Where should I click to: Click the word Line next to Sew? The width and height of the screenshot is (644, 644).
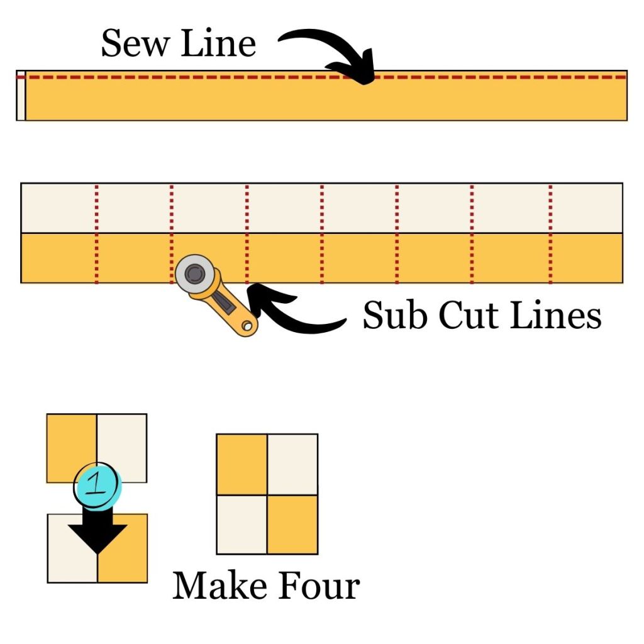click(218, 45)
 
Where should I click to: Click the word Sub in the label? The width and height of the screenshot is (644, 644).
click(392, 315)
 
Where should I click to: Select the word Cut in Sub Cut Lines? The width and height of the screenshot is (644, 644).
click(464, 315)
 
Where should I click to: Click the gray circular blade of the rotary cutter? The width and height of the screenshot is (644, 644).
click(194, 273)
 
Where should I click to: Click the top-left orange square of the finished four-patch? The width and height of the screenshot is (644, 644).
click(241, 464)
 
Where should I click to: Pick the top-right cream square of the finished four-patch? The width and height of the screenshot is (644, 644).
click(292, 464)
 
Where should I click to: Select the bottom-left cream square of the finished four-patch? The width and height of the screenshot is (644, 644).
click(241, 525)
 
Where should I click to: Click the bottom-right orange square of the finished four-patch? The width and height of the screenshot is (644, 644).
click(292, 525)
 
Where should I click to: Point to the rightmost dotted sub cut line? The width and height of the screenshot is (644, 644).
click(550, 233)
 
